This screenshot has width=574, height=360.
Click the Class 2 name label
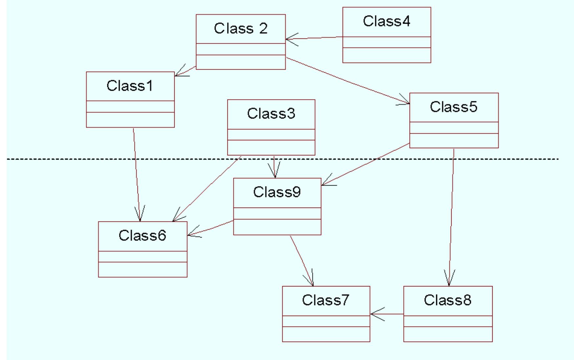click(241, 29)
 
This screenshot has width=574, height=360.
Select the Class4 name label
click(386, 21)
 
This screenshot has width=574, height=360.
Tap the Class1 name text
click(130, 86)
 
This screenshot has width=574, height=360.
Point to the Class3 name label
click(271, 114)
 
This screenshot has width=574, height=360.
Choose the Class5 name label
click(454, 107)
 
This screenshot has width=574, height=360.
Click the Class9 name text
click(277, 192)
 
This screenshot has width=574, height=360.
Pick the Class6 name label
click(142, 236)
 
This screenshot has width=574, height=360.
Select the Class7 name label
click(326, 300)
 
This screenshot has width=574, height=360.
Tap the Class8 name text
click(447, 300)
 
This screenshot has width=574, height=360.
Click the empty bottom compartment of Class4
click(386, 55)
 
